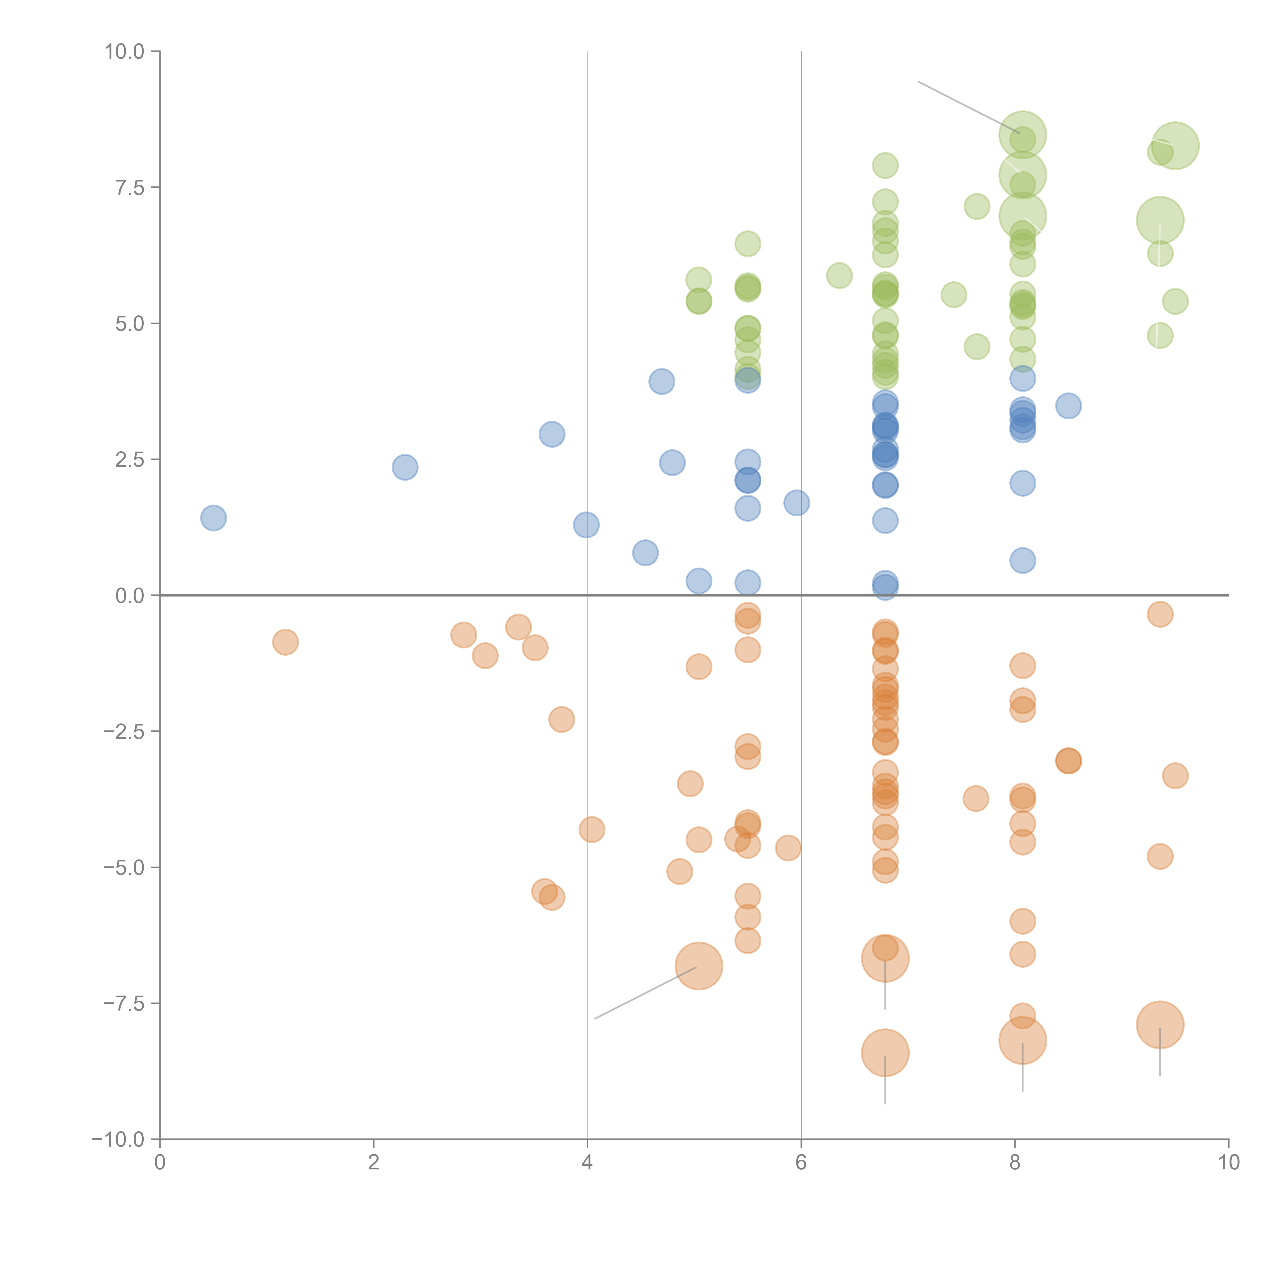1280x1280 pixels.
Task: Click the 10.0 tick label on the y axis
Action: pos(125,52)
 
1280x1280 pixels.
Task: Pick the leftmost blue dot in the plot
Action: pos(213,517)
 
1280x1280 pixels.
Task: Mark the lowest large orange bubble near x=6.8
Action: pos(885,1053)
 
